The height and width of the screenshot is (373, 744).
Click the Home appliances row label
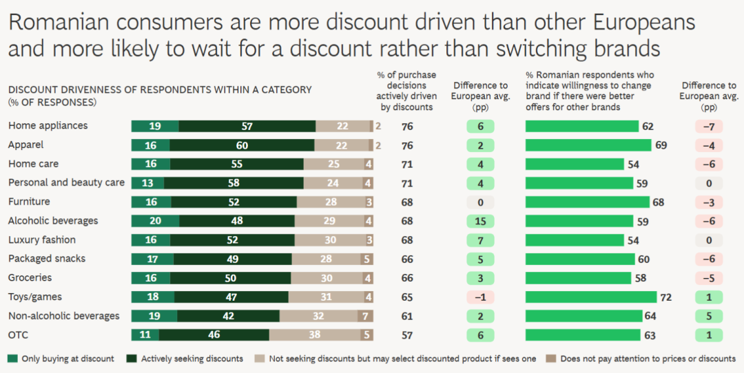pos(48,126)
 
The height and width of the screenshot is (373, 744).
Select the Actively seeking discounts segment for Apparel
pos(242,145)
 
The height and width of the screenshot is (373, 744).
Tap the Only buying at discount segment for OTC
pos(145,335)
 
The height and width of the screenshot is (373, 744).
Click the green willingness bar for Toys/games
pos(591,297)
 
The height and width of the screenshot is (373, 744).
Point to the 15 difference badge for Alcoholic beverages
pos(480,221)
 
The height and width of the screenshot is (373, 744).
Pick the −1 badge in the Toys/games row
pos(480,297)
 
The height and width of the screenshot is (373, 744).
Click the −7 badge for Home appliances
pos(708,127)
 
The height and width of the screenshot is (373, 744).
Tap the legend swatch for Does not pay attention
pos(551,359)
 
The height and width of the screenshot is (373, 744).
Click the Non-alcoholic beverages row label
pos(63,316)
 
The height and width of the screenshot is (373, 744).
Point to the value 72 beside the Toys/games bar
pos(665,297)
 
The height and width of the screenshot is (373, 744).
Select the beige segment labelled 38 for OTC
pos(314,335)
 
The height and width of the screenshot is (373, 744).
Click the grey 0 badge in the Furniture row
pos(480,202)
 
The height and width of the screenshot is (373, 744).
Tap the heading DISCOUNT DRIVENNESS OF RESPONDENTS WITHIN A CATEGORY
pos(160,89)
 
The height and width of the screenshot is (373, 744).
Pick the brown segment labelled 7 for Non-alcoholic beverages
pos(367,316)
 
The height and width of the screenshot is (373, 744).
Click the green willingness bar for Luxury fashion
pos(574,240)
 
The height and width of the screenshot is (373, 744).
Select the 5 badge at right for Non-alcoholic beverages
pos(708,316)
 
